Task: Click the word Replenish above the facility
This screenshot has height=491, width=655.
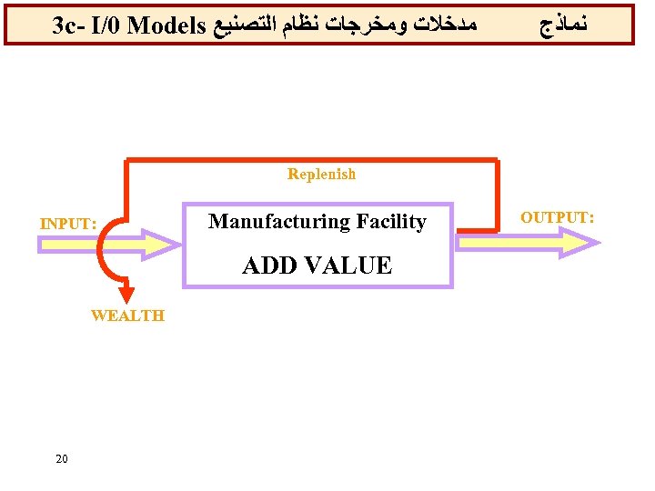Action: pyautogui.click(x=321, y=174)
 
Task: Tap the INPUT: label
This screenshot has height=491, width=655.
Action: pyautogui.click(x=68, y=224)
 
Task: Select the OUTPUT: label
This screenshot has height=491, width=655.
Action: pyautogui.click(x=558, y=217)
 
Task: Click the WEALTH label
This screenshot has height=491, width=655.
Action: pyautogui.click(x=127, y=316)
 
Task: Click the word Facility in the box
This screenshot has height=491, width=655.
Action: pyautogui.click(x=390, y=221)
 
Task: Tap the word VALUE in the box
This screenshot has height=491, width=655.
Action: pyautogui.click(x=344, y=266)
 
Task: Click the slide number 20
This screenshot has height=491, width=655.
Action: pyautogui.click(x=61, y=458)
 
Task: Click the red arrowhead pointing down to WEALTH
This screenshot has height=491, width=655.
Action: pyautogui.click(x=127, y=296)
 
